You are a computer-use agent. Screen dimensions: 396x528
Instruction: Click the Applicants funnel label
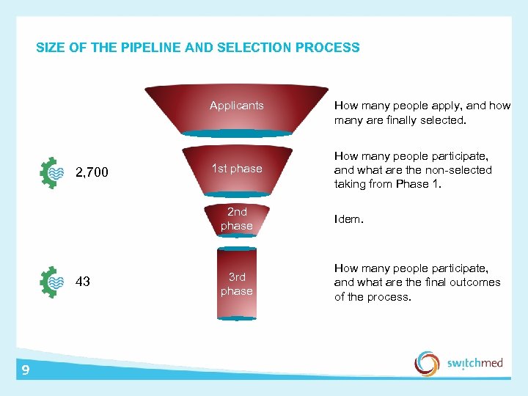click(x=236, y=106)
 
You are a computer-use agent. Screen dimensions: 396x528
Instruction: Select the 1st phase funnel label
click(x=236, y=169)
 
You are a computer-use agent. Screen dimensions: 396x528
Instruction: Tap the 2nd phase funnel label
click(x=236, y=219)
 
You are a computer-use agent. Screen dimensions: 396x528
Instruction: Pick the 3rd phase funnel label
click(x=236, y=284)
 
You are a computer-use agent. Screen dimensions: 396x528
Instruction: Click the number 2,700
click(x=92, y=173)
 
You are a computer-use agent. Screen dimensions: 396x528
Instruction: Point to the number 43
click(x=83, y=281)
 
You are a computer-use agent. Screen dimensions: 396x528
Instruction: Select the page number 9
click(x=26, y=370)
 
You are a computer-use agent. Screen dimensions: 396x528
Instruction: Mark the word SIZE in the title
click(x=50, y=48)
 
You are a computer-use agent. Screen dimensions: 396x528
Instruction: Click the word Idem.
click(x=348, y=219)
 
